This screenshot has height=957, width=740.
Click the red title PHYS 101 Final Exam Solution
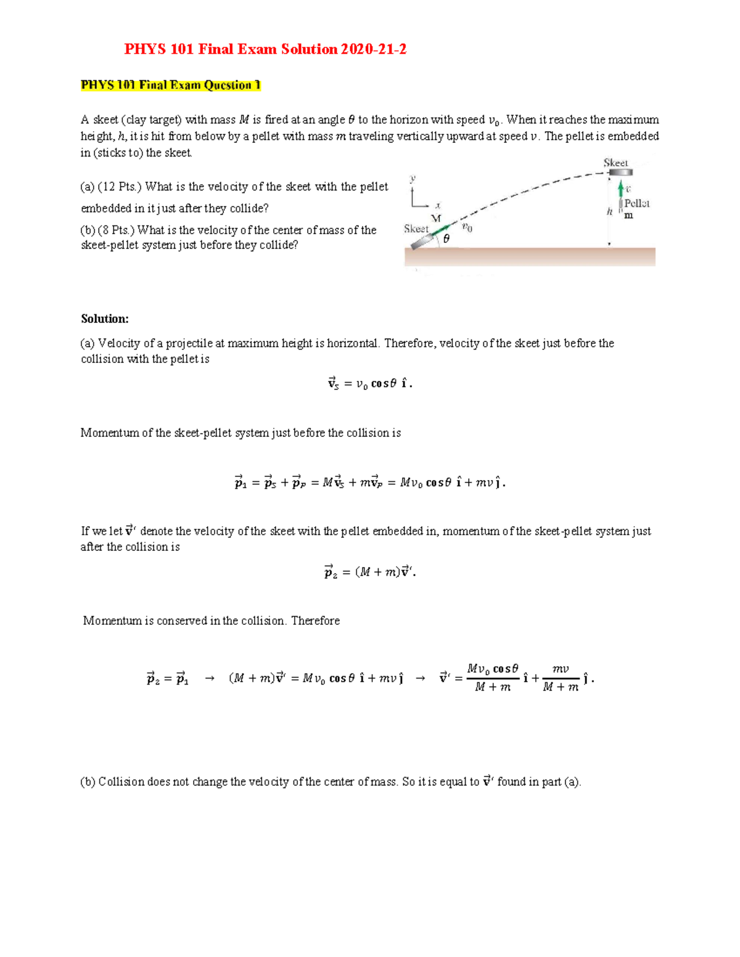[x=265, y=49]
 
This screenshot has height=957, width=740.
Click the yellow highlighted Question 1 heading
[x=171, y=85]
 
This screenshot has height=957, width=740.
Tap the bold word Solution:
[x=105, y=319]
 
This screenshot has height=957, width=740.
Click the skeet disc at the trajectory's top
[x=620, y=173]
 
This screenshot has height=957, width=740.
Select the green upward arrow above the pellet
[x=621, y=189]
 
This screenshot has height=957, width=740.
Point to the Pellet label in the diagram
[x=636, y=203]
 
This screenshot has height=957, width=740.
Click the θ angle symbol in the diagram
[x=446, y=238]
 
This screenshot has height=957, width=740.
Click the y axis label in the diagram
[x=413, y=178]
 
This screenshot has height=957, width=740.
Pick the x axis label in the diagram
[x=438, y=205]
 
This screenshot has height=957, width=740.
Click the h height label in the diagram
[x=609, y=211]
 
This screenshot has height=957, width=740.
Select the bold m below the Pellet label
[x=628, y=216]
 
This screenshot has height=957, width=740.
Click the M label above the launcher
[x=436, y=218]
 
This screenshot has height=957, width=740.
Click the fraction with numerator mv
[x=561, y=678]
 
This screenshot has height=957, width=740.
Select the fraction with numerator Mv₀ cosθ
[x=493, y=678]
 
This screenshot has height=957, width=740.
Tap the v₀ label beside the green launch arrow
[x=467, y=227]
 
